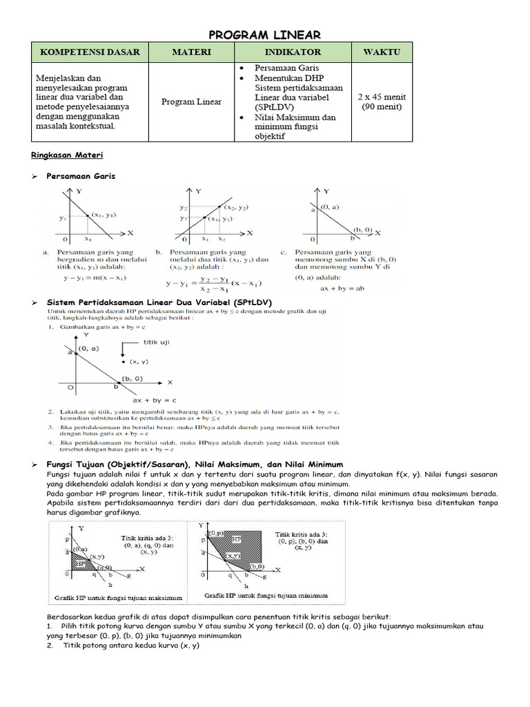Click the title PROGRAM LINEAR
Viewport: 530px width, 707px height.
pos(264,35)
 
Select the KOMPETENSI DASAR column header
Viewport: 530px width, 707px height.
pos(90,52)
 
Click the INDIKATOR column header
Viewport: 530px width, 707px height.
pos(293,52)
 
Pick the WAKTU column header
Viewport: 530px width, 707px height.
pos(382,52)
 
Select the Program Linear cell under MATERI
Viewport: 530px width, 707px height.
pos(191,102)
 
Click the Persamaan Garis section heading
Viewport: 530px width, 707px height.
pos(81,176)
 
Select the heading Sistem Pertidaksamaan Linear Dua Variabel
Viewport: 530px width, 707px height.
pos(159,302)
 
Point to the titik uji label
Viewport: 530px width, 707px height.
pos(155,342)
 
